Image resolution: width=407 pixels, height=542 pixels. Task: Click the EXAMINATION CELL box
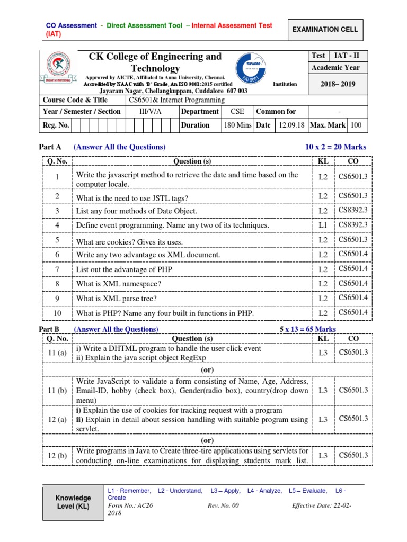(325, 30)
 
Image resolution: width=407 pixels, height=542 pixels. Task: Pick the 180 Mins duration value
(238, 125)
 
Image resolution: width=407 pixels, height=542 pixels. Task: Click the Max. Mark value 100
(356, 125)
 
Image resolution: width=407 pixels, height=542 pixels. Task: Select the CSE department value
(237, 112)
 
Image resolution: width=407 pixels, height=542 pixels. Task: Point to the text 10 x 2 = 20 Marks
(335, 147)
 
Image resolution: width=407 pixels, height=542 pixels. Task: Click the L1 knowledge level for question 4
(323, 225)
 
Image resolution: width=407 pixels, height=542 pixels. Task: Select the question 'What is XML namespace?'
(119, 284)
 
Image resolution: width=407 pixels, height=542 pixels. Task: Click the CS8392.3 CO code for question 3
(353, 210)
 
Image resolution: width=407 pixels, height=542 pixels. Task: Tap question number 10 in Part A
(57, 313)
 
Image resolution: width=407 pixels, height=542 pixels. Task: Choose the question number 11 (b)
(57, 391)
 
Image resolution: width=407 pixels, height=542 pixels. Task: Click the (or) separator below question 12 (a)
(207, 440)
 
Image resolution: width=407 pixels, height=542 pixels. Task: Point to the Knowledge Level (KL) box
(73, 502)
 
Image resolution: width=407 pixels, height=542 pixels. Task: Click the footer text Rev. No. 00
(224, 505)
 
